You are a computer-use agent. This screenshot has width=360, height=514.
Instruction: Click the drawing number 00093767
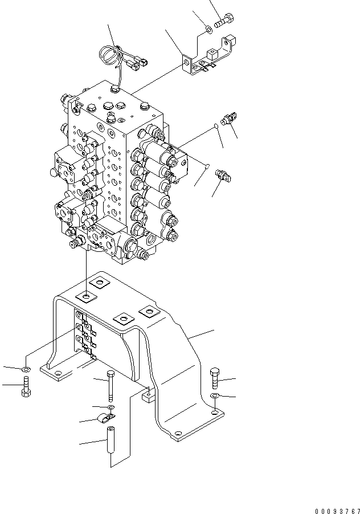(337, 511)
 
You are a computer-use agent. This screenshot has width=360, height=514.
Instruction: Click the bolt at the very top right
(224, 20)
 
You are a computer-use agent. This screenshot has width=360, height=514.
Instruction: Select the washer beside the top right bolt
(208, 30)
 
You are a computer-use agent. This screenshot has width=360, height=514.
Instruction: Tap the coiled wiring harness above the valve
(124, 58)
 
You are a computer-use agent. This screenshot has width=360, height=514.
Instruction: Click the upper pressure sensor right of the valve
(228, 119)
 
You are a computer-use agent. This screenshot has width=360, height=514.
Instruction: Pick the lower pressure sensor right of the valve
(223, 176)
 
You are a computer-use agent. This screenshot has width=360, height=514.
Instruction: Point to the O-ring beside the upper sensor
(216, 125)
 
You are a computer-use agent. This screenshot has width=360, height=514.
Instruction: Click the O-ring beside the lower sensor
(207, 166)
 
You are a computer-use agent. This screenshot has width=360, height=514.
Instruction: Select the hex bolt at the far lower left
(26, 387)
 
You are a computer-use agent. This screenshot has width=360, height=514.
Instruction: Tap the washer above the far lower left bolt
(26, 370)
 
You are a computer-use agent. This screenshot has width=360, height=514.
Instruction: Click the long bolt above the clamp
(111, 386)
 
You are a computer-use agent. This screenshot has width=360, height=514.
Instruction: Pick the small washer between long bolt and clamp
(111, 407)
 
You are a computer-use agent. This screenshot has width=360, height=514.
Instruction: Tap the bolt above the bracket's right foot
(214, 378)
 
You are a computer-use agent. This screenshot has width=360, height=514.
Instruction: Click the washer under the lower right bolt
(215, 395)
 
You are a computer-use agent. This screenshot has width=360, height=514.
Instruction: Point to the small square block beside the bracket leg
(148, 397)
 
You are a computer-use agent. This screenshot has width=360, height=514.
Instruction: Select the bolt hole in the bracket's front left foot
(58, 373)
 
